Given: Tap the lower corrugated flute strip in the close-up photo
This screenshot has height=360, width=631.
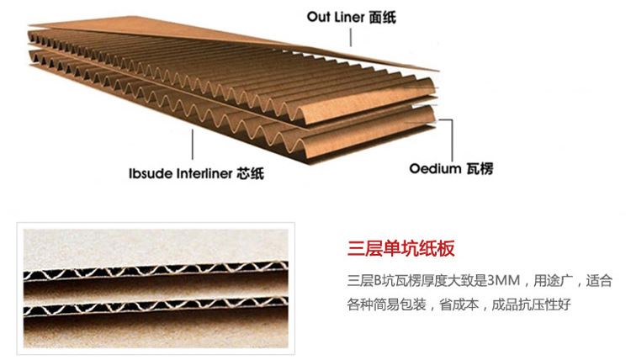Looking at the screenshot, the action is pyautogui.click(x=156, y=304).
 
